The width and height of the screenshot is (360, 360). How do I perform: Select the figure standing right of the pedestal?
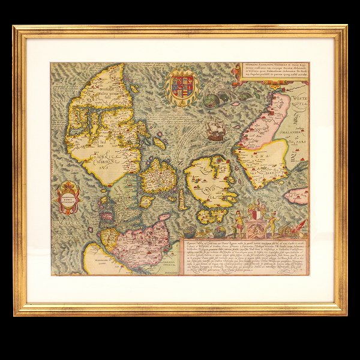point(272,223)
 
